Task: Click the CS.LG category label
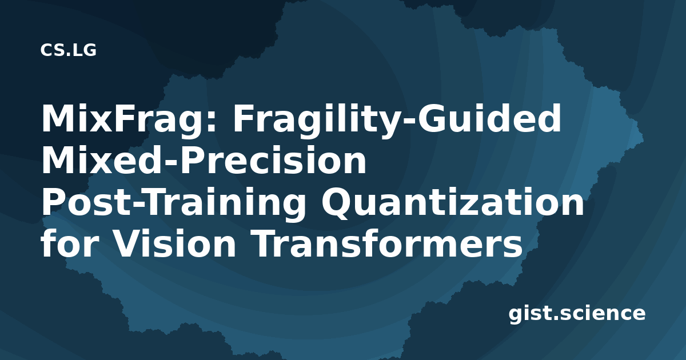point(68,50)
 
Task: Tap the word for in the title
point(70,242)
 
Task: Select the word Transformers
point(387,242)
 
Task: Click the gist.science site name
point(577,314)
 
